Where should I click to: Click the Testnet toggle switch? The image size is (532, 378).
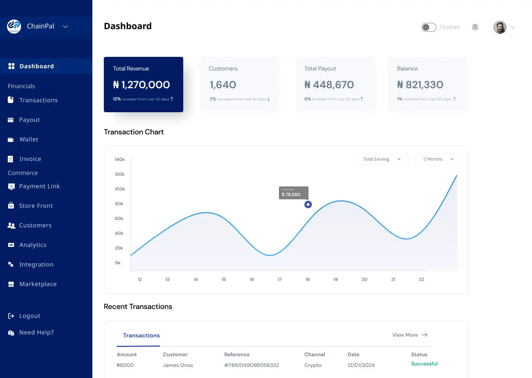pyautogui.click(x=429, y=27)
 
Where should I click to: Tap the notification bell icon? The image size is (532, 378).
pyautogui.click(x=475, y=27)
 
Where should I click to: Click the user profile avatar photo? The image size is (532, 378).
pyautogui.click(x=499, y=27)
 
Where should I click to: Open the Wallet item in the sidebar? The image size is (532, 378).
pyautogui.click(x=29, y=140)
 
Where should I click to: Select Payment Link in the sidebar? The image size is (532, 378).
pyautogui.click(x=39, y=186)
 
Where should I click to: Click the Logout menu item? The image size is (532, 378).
pyautogui.click(x=30, y=316)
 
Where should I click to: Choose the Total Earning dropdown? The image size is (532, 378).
pyautogui.click(x=382, y=159)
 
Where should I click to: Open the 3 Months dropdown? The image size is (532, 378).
pyautogui.click(x=439, y=159)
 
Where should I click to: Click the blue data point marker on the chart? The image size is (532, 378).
pyautogui.click(x=308, y=205)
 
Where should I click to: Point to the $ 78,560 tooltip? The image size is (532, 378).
pyautogui.click(x=293, y=193)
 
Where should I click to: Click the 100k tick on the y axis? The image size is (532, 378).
pyautogui.click(x=120, y=189)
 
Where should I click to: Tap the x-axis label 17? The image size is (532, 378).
pyautogui.click(x=280, y=279)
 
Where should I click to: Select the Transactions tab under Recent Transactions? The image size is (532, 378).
pyautogui.click(x=141, y=336)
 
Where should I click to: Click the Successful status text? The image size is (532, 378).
pyautogui.click(x=424, y=364)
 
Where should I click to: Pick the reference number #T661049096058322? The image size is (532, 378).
pyautogui.click(x=252, y=365)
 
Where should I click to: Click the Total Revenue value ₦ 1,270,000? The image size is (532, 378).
pyautogui.click(x=141, y=85)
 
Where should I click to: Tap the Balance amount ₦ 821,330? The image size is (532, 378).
pyautogui.click(x=420, y=85)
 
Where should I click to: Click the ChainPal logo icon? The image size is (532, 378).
pyautogui.click(x=14, y=26)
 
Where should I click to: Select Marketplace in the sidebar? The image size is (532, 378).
pyautogui.click(x=38, y=284)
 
